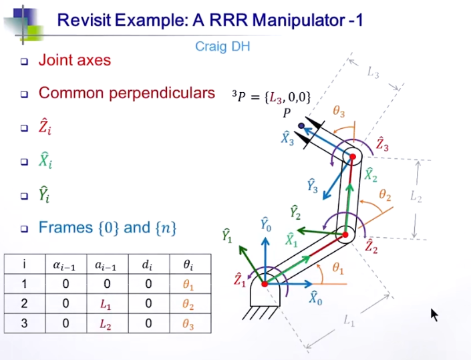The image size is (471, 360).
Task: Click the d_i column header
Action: [x=148, y=265]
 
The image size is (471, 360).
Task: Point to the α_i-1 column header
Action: [x=64, y=265]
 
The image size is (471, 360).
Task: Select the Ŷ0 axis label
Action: [x=266, y=224]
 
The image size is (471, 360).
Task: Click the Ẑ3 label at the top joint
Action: [x=382, y=144]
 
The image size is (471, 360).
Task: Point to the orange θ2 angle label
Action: [x=385, y=195]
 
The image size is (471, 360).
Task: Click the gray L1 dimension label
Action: [x=349, y=321]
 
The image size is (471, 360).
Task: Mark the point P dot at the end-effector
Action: [x=301, y=125]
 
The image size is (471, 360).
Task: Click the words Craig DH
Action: [x=221, y=46]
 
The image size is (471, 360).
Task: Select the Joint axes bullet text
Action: [x=74, y=60]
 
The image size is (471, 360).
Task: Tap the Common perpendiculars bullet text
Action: [x=126, y=93]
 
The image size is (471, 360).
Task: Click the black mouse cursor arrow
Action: [x=434, y=315]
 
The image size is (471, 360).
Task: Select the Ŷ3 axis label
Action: [x=312, y=186]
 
